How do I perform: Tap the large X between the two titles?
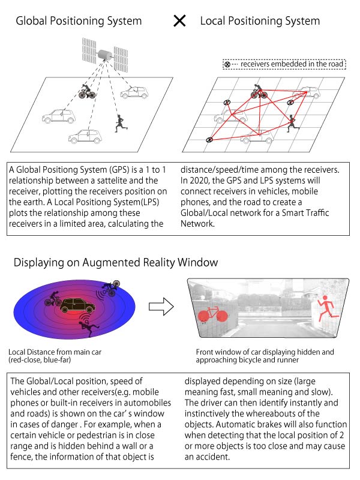coord(179,21)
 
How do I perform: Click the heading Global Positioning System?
coord(79,21)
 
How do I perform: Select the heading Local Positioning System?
coord(260,21)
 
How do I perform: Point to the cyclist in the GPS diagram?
coord(87,92)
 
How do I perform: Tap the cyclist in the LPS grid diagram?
coord(259,91)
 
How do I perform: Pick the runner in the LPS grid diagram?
coord(292,123)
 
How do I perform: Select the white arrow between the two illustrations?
coord(161,307)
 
